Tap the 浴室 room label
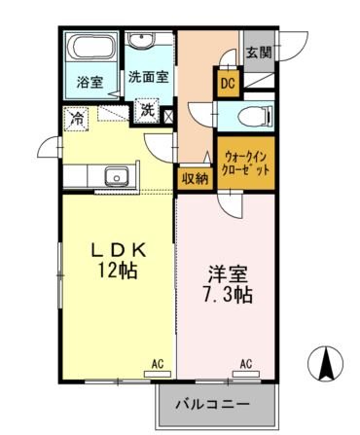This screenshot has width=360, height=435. pyautogui.click(x=90, y=83)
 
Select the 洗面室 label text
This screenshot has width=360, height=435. pyautogui.click(x=148, y=76)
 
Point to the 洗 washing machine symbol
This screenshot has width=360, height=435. pyautogui.click(x=148, y=110)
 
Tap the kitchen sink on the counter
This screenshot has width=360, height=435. pyautogui.click(x=118, y=177)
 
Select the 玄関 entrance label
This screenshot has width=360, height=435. pyautogui.click(x=258, y=53)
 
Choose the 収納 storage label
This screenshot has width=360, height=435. pyautogui.click(x=195, y=178)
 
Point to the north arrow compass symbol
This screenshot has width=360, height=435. pyautogui.click(x=326, y=365)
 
